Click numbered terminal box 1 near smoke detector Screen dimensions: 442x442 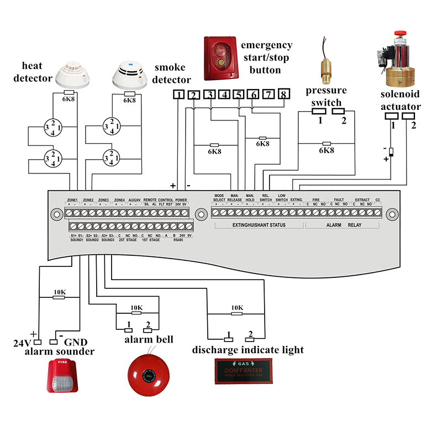point(178,94)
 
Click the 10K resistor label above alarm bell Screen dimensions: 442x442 point(136,308)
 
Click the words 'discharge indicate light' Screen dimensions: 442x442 point(248,350)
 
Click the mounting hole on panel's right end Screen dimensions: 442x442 point(392,213)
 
